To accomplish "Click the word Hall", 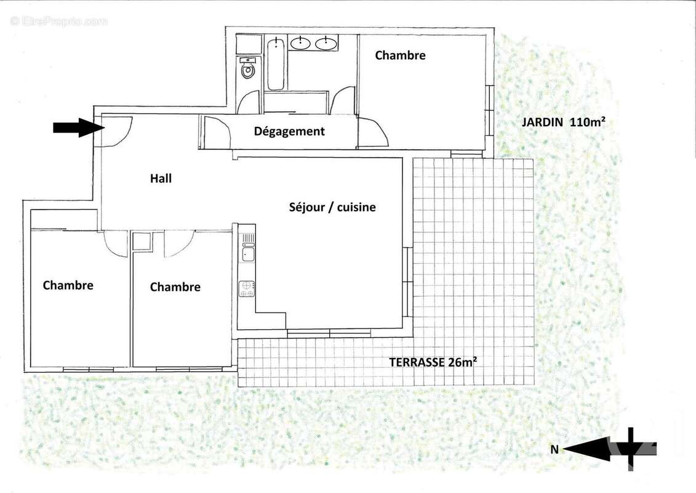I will pyautogui.click(x=161, y=179).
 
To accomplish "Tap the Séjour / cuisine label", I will pyautogui.click(x=332, y=208).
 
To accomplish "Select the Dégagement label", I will pyautogui.click(x=289, y=131).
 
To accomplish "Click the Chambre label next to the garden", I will pyautogui.click(x=400, y=55).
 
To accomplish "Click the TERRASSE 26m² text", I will pyautogui.click(x=433, y=362).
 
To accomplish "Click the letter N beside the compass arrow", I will pyautogui.click(x=554, y=450).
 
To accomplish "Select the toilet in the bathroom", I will pyautogui.click(x=248, y=71).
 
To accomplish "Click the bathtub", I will pyautogui.click(x=275, y=64).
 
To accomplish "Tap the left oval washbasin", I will pyautogui.click(x=300, y=43).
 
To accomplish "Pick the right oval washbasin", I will pyautogui.click(x=326, y=43).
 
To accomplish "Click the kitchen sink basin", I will pyautogui.click(x=247, y=252).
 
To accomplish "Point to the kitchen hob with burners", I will pyautogui.click(x=247, y=288).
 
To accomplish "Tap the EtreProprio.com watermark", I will pyautogui.click(x=58, y=22).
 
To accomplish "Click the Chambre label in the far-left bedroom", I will pyautogui.click(x=68, y=285).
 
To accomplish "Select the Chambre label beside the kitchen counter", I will pyautogui.click(x=175, y=287).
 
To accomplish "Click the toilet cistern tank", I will pyautogui.click(x=248, y=60).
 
